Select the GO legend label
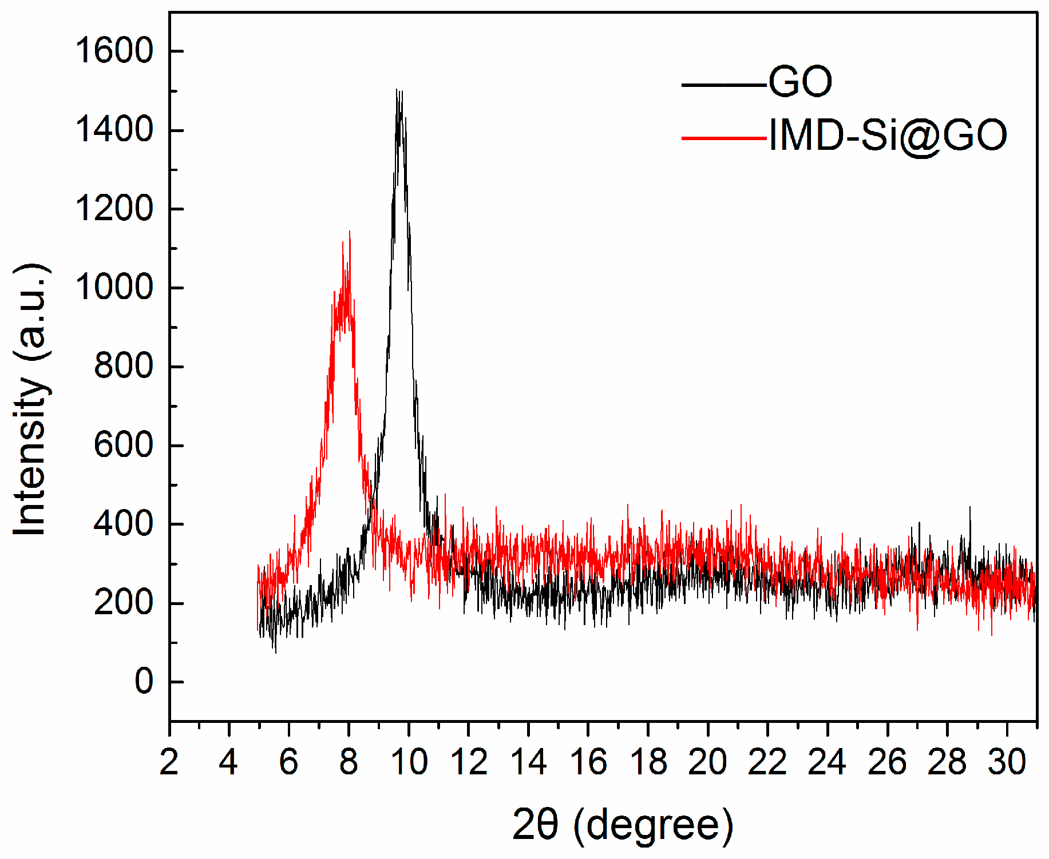tap(799, 82)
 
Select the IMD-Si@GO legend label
tap(888, 136)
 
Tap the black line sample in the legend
tap(723, 85)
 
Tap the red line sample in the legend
tap(723, 138)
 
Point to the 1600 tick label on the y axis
tap(114, 50)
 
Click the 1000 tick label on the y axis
tap(114, 287)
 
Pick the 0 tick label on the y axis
tap(144, 682)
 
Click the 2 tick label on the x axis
tap(169, 762)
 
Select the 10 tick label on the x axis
tap(409, 762)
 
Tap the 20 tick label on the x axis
tap(708, 762)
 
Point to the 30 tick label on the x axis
tap(1007, 762)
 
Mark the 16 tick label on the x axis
tap(588, 762)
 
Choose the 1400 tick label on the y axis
tap(114, 129)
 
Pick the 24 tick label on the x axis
tap(828, 762)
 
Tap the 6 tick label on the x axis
tap(289, 762)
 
